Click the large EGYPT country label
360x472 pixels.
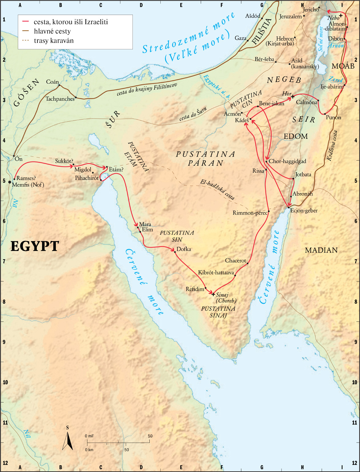(x=35, y=246)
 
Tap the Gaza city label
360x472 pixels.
(x=240, y=38)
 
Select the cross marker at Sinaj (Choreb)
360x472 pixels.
(x=213, y=294)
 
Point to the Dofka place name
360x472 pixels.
(x=184, y=249)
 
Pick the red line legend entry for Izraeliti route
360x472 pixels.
(x=26, y=22)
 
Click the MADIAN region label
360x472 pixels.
(x=321, y=250)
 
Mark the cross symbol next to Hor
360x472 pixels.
(x=293, y=97)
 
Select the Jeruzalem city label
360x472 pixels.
(x=291, y=17)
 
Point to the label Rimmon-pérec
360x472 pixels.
(x=250, y=213)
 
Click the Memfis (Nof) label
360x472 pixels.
(x=28, y=185)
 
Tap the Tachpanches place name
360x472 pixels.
(x=60, y=99)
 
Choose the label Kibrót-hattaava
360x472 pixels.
(x=216, y=272)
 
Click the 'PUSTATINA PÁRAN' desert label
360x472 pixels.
(x=206, y=158)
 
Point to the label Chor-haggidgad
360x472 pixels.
(x=287, y=161)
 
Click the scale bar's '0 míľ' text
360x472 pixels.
(x=89, y=436)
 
